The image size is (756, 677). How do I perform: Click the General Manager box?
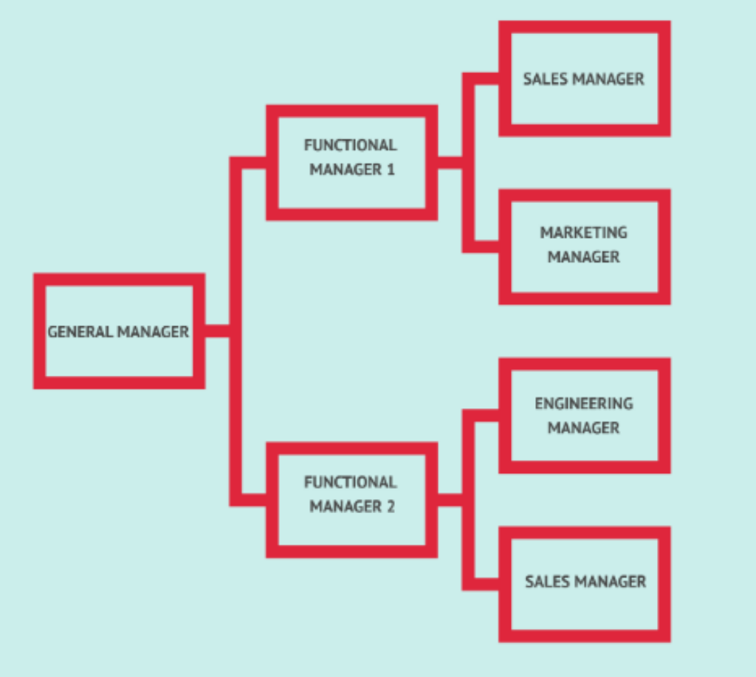(x=118, y=331)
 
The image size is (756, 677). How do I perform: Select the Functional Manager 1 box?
(x=351, y=162)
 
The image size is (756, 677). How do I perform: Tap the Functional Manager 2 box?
(x=351, y=499)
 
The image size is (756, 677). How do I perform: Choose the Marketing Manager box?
(x=584, y=247)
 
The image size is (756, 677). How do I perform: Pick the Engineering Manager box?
(x=584, y=415)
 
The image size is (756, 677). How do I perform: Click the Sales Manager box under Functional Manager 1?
(x=584, y=78)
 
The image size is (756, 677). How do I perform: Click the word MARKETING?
(x=583, y=233)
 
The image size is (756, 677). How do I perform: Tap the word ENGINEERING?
(x=583, y=404)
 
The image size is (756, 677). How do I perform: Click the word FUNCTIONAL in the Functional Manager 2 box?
(x=351, y=482)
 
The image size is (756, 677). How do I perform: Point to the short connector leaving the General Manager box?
(x=217, y=331)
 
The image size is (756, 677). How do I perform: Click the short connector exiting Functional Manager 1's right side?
(x=450, y=162)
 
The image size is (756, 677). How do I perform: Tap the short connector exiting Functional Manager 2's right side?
(x=450, y=500)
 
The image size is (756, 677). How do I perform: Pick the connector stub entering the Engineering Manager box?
(x=486, y=415)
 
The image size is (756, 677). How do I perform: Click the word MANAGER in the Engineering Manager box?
(x=583, y=428)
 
